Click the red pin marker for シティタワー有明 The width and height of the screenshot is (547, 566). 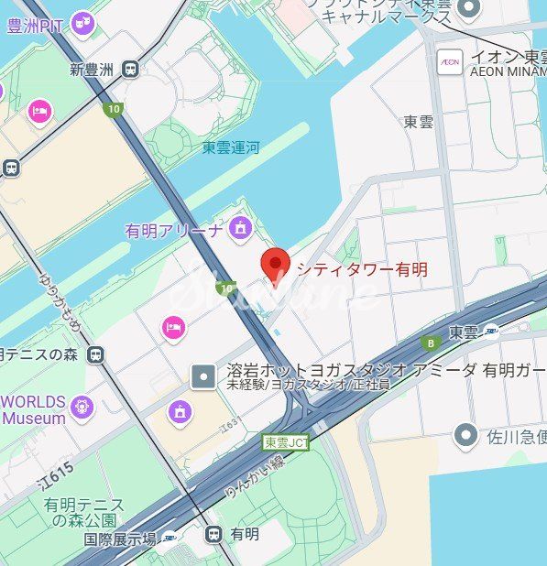click(276, 263)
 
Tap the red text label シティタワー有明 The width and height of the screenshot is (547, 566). click(361, 269)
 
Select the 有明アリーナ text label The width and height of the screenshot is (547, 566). click(173, 231)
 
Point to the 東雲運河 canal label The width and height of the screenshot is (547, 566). click(231, 147)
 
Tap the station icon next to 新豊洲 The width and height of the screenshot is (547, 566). click(133, 69)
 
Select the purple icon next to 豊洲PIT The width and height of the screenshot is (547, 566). click(83, 22)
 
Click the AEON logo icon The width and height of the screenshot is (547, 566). click(450, 61)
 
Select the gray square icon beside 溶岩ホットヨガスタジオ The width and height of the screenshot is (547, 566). click(203, 376)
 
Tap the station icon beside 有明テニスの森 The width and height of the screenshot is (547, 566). click(95, 354)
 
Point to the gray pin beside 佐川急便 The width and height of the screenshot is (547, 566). click(468, 434)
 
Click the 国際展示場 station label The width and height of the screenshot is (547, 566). click(120, 539)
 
